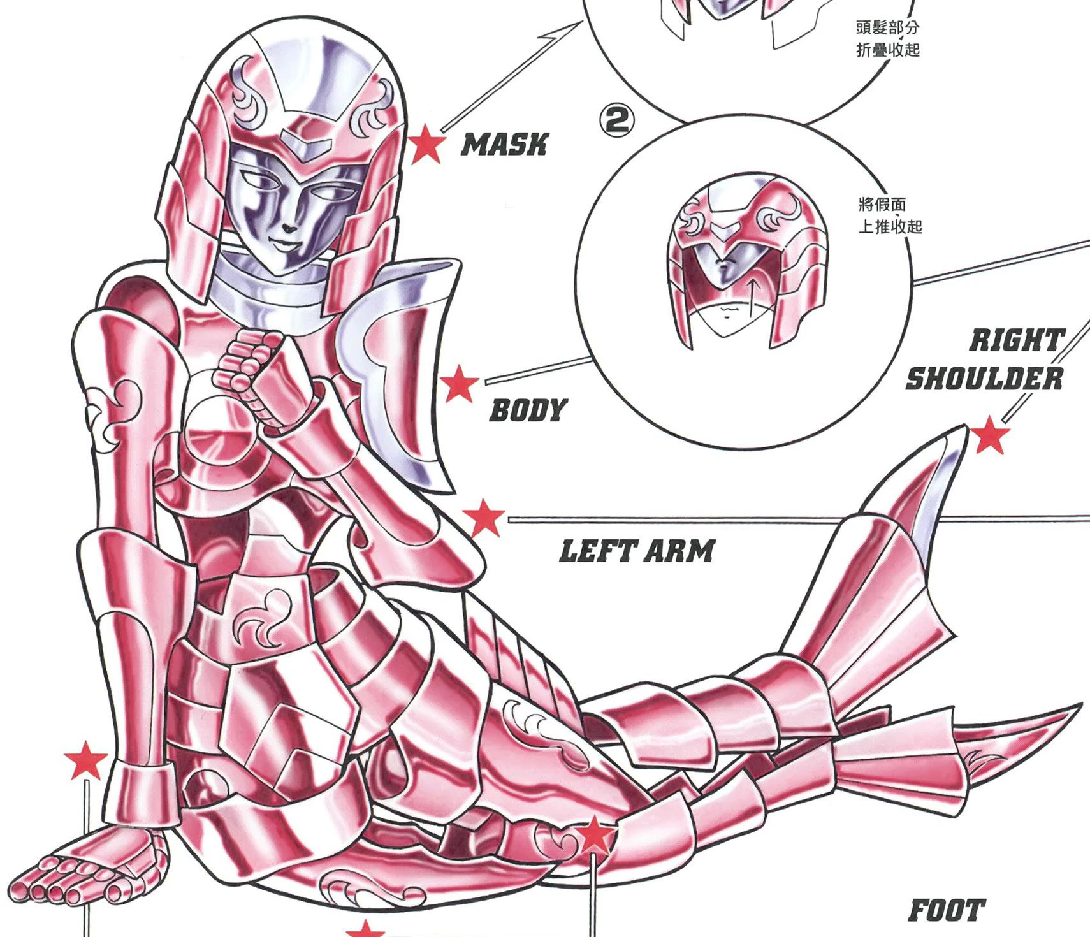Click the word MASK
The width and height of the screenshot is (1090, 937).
pos(504,145)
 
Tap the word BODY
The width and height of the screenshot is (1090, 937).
pos(528,410)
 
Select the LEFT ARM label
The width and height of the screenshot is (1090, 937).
pos(637,551)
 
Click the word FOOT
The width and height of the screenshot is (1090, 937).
pos(947,910)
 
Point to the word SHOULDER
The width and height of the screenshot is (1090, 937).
pos(984,379)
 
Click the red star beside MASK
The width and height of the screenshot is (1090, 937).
pos(426,144)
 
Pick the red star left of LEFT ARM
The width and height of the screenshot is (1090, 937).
pos(484,518)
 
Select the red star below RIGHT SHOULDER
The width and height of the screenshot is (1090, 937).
pos(989,435)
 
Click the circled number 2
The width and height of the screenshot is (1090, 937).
pos(616,120)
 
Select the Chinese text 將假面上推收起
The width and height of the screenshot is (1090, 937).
pos(889,215)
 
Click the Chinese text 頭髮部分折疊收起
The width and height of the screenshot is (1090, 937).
pos(887,38)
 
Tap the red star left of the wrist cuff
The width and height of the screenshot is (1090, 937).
pos(86,760)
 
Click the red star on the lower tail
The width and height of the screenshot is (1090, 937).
pos(594,834)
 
